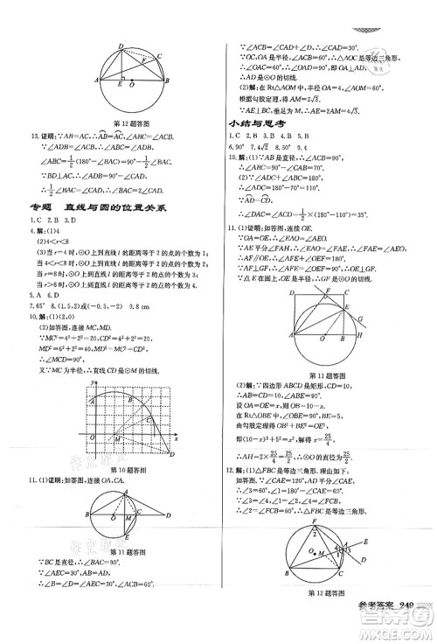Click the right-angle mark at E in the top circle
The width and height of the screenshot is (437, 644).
click(124, 84)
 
